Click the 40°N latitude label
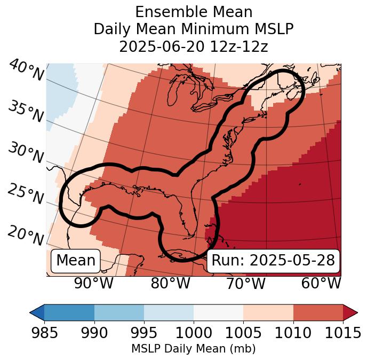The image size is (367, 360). coord(26,71)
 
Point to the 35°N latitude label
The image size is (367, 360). coord(26,111)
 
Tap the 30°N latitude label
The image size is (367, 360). coord(26,153)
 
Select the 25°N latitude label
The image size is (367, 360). coord(26,194)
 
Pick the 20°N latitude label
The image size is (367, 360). coord(26,236)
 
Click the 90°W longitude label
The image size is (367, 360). coord(94,284)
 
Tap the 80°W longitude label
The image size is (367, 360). coord(170,284)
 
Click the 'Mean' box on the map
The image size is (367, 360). coord(76,261)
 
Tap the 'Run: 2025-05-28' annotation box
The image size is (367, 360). coord(273,261)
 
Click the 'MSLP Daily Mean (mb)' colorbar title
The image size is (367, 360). coord(194,349)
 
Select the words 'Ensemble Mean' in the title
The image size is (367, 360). coord(194,12)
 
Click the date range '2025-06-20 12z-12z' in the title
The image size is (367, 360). coord(194,46)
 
